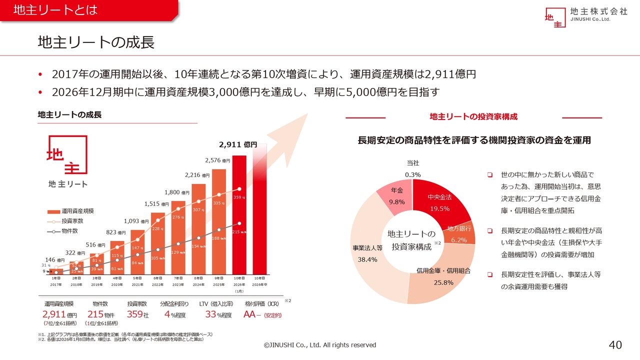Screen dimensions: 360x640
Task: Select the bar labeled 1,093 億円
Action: point(137,252)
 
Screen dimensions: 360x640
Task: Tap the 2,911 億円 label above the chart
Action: point(237,144)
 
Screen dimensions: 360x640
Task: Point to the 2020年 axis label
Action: point(117,284)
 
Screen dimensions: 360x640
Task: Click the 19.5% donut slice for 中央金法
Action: point(439,203)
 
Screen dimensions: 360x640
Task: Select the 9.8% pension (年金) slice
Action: point(397,197)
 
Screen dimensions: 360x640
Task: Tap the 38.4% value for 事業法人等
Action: point(367,259)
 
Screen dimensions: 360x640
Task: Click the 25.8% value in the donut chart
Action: point(443,282)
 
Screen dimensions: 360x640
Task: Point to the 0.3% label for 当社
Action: point(412,174)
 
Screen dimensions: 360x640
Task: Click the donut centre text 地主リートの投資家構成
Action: point(411,240)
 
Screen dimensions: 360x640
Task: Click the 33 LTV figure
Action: point(210,315)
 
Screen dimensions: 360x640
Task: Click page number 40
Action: point(615,344)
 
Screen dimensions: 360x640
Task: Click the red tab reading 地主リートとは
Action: point(55,10)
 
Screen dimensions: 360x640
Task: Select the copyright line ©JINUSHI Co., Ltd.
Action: point(320,345)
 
